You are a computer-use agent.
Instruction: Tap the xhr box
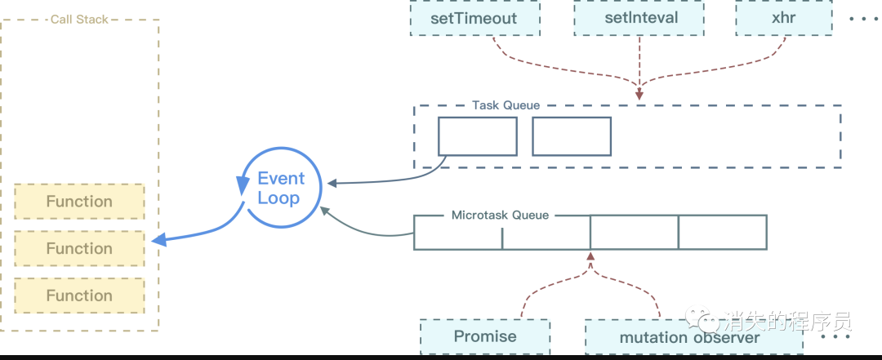(x=784, y=18)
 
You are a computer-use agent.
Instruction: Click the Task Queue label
(x=506, y=105)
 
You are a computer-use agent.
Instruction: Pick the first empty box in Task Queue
(x=478, y=136)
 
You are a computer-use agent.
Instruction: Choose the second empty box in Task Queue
(x=572, y=136)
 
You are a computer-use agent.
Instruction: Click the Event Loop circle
(x=280, y=189)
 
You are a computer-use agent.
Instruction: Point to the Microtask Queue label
(x=500, y=216)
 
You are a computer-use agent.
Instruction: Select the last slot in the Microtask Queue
(x=722, y=232)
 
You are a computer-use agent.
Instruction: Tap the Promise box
(x=485, y=336)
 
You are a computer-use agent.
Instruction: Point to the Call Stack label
(x=79, y=19)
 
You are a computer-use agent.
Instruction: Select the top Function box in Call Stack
(x=79, y=202)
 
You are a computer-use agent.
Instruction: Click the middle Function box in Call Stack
(x=79, y=248)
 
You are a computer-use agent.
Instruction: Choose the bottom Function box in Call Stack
(x=79, y=296)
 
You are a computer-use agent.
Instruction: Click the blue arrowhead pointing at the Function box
(x=159, y=240)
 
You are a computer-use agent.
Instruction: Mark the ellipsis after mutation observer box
(x=835, y=336)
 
